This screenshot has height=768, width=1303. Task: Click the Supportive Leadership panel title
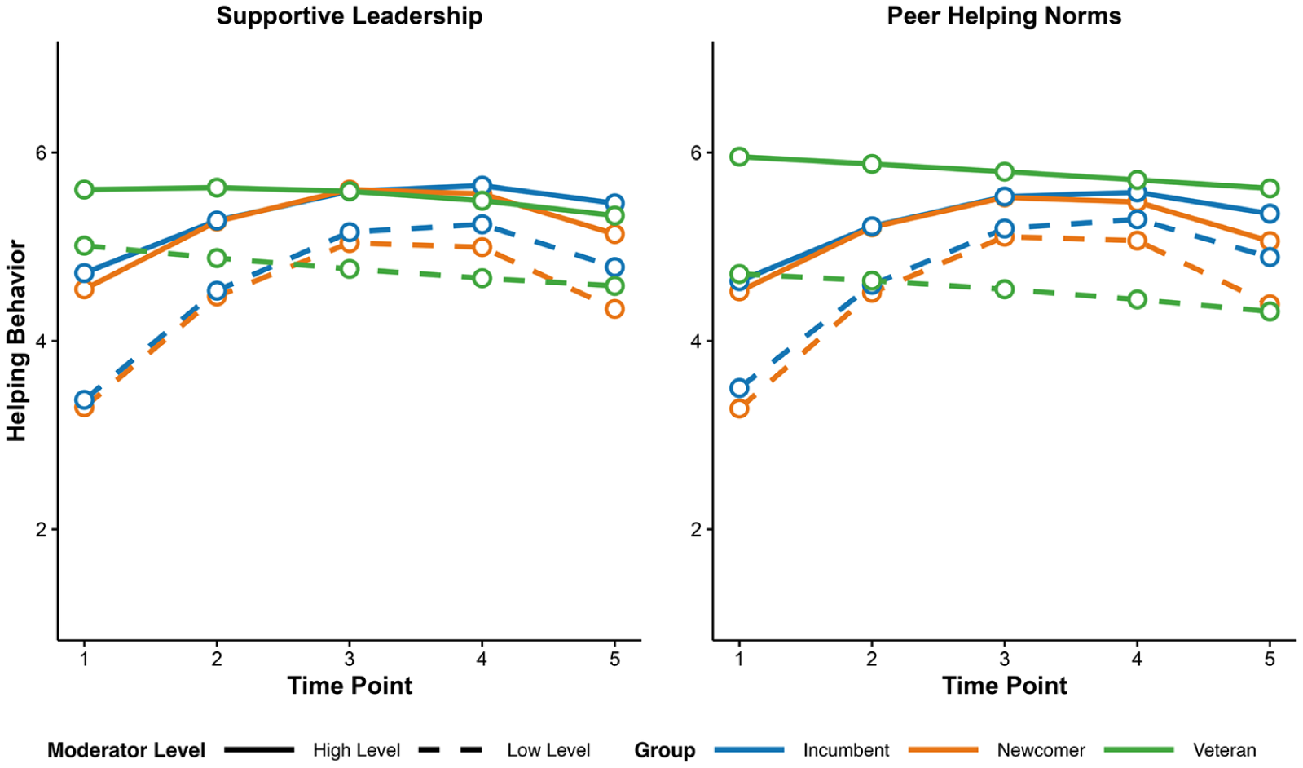350,15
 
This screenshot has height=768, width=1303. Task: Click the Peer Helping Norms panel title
1004,15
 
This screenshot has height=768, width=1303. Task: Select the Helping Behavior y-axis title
16,341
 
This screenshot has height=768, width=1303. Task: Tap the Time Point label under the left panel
350,686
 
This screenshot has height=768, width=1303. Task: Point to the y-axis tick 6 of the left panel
41,152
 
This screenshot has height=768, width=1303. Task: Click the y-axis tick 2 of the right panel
696,529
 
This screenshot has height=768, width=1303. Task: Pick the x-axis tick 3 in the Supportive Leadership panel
349,658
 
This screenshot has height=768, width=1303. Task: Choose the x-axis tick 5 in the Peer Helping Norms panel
1270,658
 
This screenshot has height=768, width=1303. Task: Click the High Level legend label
357,750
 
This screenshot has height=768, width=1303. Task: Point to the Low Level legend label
548,750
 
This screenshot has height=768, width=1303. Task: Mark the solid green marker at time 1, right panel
739,157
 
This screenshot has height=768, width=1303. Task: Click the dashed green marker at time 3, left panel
349,269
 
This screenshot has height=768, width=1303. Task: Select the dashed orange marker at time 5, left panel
615,309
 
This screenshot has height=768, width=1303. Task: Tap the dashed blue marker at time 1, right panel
739,388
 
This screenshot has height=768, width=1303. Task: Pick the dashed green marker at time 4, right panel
1138,300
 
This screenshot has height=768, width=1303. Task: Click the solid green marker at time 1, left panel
85,189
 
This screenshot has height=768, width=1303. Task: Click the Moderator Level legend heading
126,750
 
